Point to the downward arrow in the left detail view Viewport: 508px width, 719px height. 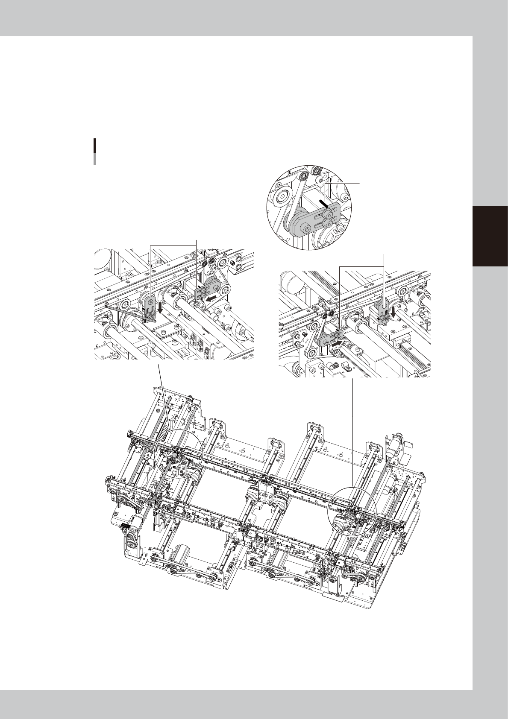159,307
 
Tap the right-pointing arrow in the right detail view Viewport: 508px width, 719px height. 338,342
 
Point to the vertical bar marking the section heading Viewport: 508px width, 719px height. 94,152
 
